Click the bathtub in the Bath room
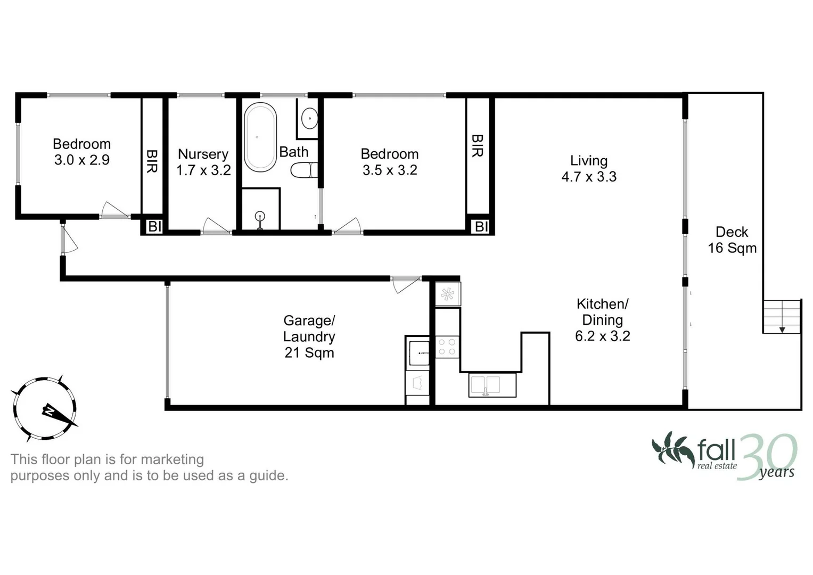coord(260,137)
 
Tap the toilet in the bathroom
coord(303,170)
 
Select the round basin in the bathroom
coord(309,118)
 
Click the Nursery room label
coord(203,154)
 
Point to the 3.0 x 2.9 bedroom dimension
coord(82,160)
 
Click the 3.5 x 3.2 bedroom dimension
coord(390,170)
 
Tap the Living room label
coord(588,161)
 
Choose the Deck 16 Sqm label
coord(732,240)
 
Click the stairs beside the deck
coord(782,316)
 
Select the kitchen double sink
coord(492,385)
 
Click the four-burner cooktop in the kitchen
coord(447,347)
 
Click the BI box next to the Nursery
coord(154,226)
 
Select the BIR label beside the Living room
coord(477,145)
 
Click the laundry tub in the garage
coord(418,353)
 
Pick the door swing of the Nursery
coord(215,226)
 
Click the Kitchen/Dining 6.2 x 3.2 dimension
coord(603,336)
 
